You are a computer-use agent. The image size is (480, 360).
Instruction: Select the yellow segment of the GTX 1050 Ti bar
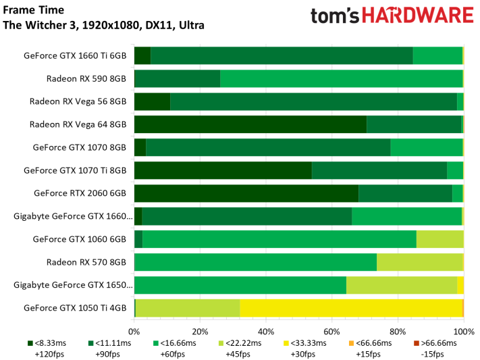pos(350,308)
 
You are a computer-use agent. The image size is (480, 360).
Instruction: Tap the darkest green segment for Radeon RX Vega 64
pos(250,124)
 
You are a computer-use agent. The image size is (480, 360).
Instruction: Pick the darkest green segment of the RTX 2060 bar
pos(246,193)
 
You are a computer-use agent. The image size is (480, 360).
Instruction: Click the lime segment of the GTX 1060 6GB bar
pos(439,239)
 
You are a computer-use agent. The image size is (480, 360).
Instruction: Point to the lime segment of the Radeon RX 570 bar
pos(419,262)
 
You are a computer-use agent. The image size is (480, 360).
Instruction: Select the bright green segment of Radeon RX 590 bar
pos(341,78)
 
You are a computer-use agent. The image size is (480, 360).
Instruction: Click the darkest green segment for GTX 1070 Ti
pos(223,170)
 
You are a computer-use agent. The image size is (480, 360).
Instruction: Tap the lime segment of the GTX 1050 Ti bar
pos(188,308)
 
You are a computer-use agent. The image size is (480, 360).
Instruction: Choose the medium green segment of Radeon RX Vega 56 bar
pos(313,101)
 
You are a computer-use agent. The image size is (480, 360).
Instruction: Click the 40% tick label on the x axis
pos(266,332)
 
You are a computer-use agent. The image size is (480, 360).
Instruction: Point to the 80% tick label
pos(398,332)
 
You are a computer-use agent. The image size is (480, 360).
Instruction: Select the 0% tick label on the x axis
pos(134,332)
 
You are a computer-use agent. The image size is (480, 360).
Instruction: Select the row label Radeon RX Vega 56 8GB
pos(78,101)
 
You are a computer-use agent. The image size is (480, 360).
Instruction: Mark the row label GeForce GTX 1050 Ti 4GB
pos(75,308)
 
